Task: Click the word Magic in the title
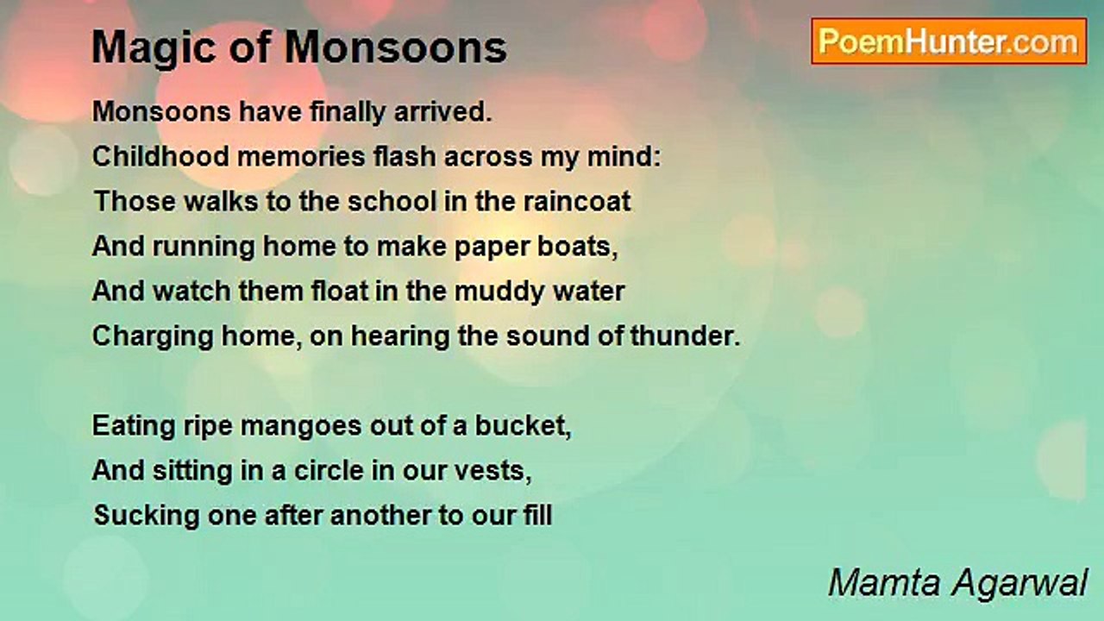click(156, 48)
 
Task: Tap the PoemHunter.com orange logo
click(949, 41)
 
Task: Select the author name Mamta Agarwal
click(957, 583)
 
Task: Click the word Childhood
click(160, 157)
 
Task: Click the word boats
click(577, 247)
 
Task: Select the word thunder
click(685, 336)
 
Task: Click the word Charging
click(153, 337)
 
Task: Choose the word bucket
click(523, 426)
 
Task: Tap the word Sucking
click(147, 517)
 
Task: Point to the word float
click(340, 292)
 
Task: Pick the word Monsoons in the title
click(395, 48)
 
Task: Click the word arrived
click(442, 113)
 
